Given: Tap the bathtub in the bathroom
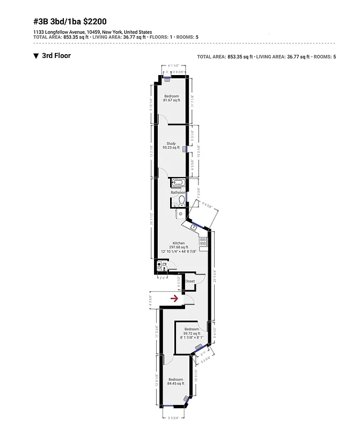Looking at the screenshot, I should (178, 183).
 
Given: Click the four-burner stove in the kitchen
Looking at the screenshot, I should (203, 242).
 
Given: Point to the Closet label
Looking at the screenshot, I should (189, 281).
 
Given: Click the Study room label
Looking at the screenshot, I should (171, 143).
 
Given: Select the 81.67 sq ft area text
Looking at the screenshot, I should (172, 100).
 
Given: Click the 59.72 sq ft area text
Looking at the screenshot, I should (192, 333).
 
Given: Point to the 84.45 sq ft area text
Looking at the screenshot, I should (175, 383).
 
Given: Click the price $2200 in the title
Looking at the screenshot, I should (94, 22).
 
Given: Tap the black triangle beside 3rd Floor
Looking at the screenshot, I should (35, 56).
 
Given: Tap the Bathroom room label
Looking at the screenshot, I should (178, 193).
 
